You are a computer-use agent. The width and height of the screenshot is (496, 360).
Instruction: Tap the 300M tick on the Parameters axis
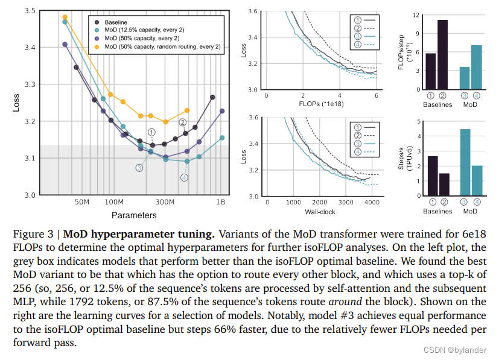[x=165, y=203]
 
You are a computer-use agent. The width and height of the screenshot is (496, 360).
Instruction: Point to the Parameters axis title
[x=134, y=215]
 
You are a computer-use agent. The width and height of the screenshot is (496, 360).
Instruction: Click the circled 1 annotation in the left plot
[x=151, y=132]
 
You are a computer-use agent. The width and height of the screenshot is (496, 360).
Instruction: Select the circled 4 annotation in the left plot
[x=184, y=177]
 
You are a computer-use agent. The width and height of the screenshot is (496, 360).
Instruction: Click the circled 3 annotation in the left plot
[x=139, y=168]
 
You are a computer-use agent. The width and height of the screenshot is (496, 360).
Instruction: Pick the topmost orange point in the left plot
[x=65, y=17]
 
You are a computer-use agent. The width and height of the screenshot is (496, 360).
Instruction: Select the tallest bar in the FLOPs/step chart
[x=443, y=55]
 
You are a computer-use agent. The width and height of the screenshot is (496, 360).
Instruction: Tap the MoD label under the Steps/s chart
[x=469, y=212]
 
